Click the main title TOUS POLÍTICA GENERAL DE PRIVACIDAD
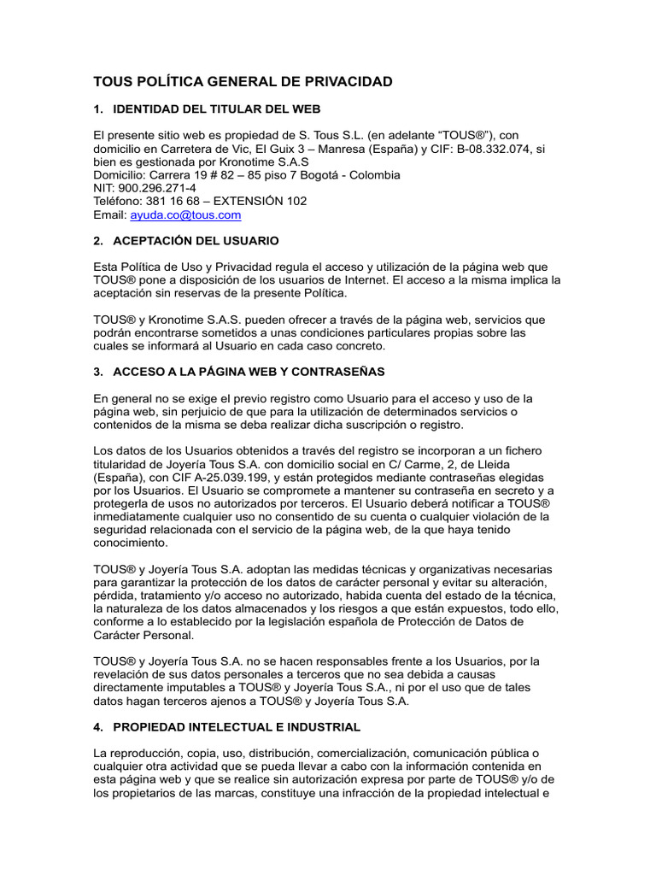pos(243,82)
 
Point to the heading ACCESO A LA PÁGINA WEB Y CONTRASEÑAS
pos(249,372)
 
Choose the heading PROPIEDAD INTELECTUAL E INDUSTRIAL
pos(237,727)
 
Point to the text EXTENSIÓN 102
pos(260,202)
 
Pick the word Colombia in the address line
pos(377,175)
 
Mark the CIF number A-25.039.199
pos(236,477)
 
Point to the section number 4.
pos(97,727)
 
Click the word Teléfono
pos(119,202)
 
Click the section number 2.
pos(97,241)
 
